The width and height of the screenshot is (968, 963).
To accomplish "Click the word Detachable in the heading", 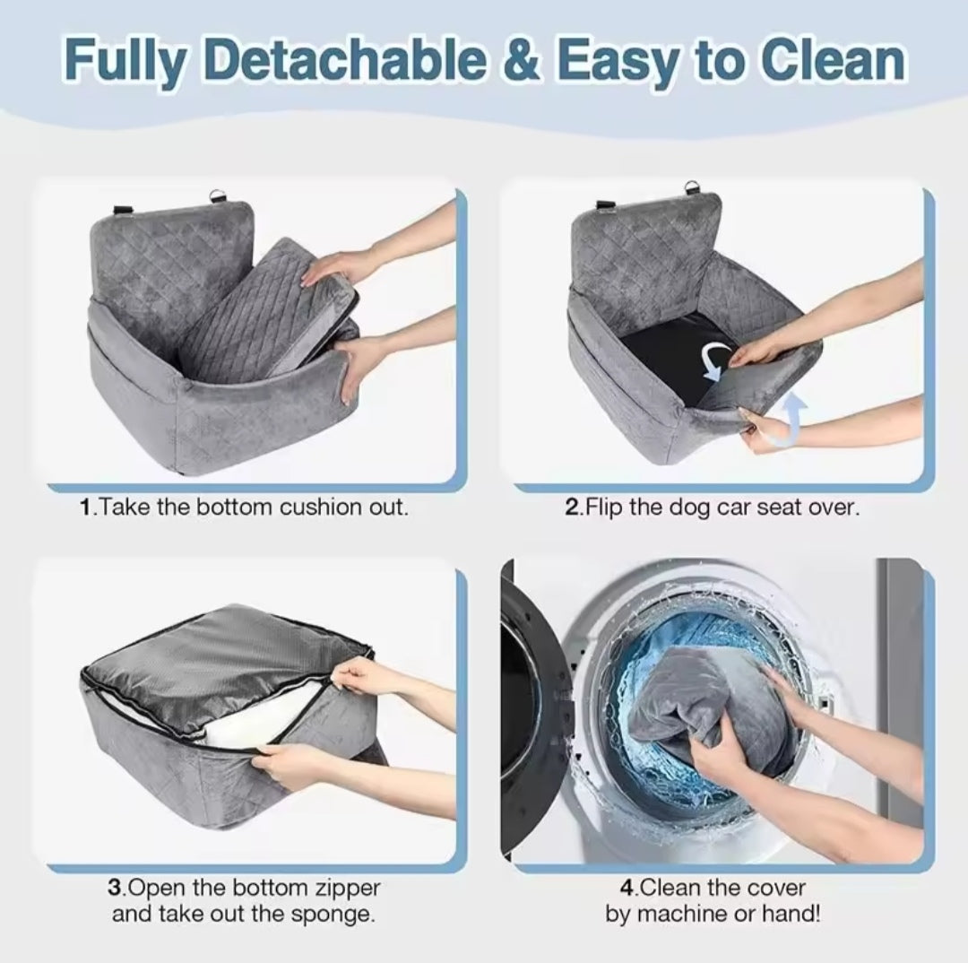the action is tap(343, 60).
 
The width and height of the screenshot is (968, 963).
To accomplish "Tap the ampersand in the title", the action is tap(522, 60).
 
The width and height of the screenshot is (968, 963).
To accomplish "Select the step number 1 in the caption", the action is tap(86, 508).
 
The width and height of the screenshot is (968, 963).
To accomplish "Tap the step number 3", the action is tap(114, 889).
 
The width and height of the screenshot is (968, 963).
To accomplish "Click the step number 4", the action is tap(627, 889).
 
